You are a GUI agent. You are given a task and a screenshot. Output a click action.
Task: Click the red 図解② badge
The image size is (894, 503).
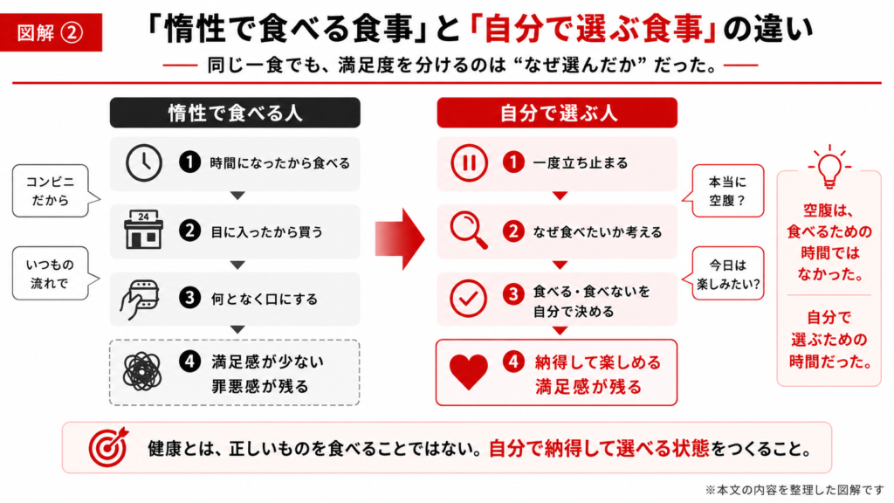click(51, 32)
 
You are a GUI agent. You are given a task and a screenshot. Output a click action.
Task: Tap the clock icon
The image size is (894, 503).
click(144, 162)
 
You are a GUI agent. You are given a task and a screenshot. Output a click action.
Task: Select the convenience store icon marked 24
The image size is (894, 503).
click(144, 230)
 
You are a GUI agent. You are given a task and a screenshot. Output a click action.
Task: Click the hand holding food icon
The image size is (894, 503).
click(139, 299)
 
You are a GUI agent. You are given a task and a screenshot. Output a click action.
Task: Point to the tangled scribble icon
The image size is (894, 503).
click(142, 371)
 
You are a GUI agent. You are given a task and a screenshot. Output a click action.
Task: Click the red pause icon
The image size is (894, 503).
click(469, 163)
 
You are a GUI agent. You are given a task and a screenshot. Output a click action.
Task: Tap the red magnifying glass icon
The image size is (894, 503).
click(469, 230)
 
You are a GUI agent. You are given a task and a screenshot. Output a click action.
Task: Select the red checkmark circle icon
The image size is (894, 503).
click(468, 299)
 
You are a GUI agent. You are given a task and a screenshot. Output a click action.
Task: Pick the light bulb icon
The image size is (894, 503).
click(829, 167)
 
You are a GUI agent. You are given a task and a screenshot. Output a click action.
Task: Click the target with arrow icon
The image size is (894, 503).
click(108, 447)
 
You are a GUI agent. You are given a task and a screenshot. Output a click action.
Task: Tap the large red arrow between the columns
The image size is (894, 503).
click(400, 238)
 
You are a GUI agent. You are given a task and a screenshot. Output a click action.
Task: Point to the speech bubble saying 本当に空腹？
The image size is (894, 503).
click(723, 191)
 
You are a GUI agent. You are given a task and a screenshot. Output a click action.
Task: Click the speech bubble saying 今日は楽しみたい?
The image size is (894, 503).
click(723, 273)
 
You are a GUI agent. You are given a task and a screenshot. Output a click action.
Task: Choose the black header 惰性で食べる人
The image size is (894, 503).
click(235, 113)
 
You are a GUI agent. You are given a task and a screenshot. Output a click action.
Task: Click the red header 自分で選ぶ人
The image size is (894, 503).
click(557, 113)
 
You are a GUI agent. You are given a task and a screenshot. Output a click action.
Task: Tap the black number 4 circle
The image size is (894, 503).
click(189, 361)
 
